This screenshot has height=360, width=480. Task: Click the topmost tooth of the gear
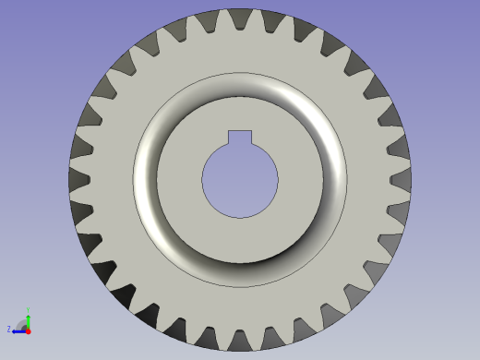click(x=240, y=18)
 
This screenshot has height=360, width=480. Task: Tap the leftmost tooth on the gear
click(x=78, y=179)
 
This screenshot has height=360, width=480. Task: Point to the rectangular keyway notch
click(x=240, y=138)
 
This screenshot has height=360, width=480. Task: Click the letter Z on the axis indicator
click(x=9, y=329)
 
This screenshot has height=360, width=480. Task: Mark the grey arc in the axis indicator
click(x=20, y=322)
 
